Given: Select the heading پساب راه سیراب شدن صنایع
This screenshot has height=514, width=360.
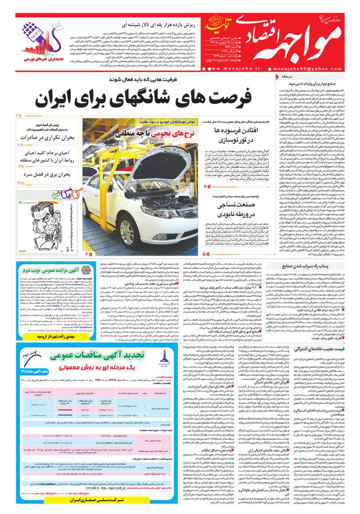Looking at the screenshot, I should point(311,265).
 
